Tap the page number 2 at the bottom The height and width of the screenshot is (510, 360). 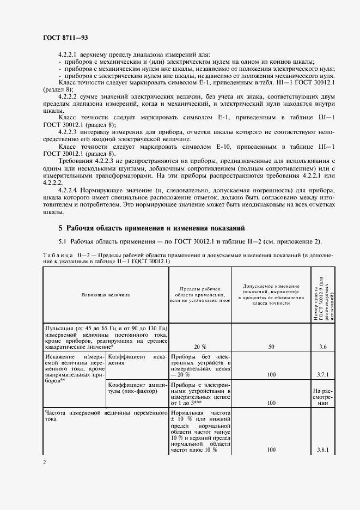click(44, 462)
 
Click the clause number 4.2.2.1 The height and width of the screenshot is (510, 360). click(69, 54)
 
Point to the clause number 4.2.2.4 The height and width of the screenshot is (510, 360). click(69, 190)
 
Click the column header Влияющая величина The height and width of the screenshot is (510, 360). click(106, 294)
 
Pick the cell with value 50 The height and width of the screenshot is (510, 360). click(271, 346)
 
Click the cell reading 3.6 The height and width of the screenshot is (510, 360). click(322, 346)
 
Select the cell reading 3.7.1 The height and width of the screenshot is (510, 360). click(322, 375)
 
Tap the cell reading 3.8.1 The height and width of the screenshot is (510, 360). click(322, 450)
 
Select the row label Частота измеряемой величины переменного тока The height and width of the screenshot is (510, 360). click(106, 416)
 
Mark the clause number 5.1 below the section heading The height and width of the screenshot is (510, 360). click(63, 241)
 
